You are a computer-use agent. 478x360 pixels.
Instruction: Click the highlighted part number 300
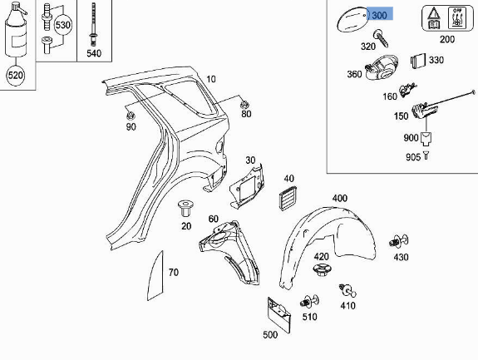coord(379,15)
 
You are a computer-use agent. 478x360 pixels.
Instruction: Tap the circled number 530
coord(63,25)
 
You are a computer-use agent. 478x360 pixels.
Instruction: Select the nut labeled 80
coord(245,104)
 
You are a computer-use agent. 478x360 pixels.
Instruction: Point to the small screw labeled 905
coord(426,155)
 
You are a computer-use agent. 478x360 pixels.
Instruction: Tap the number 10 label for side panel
coord(211,79)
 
